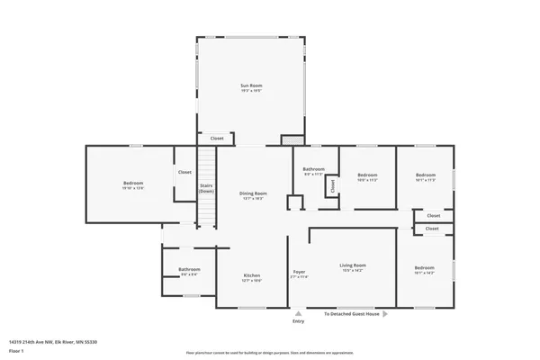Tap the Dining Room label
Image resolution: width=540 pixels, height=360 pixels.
253,193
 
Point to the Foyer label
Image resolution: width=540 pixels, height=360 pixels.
299,272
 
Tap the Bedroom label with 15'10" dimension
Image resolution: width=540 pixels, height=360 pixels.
133,183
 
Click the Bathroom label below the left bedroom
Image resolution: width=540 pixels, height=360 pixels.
189,268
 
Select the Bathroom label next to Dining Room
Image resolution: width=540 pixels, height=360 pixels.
313,169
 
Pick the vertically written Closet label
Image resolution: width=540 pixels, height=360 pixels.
331,185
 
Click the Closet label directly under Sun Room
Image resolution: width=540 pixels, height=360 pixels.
217,139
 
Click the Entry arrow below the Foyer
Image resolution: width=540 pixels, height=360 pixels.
299,313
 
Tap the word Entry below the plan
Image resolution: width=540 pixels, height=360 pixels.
299,320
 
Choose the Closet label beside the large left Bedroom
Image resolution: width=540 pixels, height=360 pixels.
184,172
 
